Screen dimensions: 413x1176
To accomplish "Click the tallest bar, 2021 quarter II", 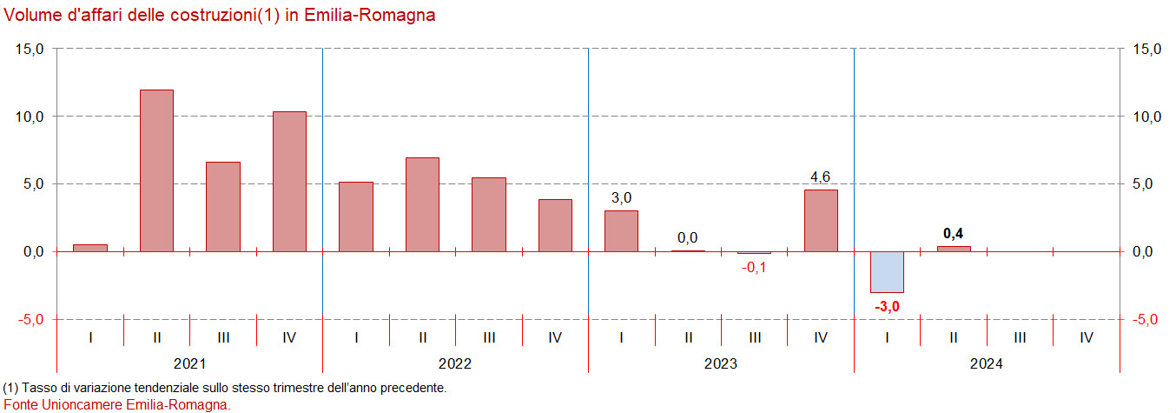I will [x=156, y=170].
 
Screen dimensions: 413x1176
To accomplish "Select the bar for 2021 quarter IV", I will [x=290, y=182].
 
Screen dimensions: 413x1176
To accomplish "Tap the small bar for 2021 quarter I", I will [x=90, y=248].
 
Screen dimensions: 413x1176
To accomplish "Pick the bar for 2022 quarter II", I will [x=423, y=204].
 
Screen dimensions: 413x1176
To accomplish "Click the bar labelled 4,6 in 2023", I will [x=821, y=221].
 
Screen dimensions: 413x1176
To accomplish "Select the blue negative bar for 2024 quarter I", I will [x=888, y=272].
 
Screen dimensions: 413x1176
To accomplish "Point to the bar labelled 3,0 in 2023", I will [x=622, y=231].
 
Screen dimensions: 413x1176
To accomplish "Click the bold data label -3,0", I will [x=888, y=306].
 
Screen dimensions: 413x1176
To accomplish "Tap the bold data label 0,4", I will [x=955, y=233].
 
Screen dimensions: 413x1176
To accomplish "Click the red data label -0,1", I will [x=754, y=267].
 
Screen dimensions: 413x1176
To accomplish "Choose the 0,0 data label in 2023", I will [x=688, y=237].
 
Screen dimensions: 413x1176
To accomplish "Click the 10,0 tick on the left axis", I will [x=30, y=117].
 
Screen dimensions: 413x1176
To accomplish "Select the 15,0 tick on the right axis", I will [x=1145, y=50].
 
